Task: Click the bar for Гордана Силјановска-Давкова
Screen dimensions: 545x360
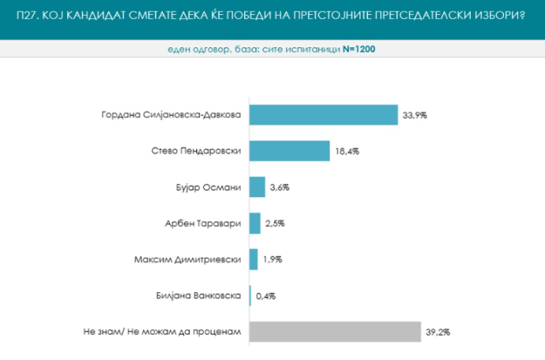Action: pos(324,114)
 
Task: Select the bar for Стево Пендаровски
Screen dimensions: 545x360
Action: pos(290,151)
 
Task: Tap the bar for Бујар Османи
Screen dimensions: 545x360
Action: pos(257,187)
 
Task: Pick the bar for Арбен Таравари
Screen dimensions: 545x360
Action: pos(255,223)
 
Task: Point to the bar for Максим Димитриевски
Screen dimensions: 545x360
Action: pos(254,259)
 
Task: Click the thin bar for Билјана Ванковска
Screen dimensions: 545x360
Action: pos(250,296)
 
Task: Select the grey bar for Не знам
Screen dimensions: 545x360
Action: pos(335,332)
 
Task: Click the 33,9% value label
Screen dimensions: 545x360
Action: pos(415,115)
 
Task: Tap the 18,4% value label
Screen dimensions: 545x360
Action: pos(348,152)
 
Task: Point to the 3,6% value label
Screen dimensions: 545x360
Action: pos(280,188)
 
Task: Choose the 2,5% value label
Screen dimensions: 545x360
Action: pos(275,223)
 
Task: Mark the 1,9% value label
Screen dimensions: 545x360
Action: pos(272,260)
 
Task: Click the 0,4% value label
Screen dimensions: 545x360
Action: pos(266,296)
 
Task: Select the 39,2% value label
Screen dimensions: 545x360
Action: pos(438,332)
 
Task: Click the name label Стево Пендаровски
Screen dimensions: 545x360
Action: pos(196,151)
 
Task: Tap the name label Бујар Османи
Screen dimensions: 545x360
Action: pos(209,188)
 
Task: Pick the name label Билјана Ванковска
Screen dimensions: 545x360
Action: pos(198,296)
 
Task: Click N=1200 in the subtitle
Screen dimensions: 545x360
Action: pos(359,49)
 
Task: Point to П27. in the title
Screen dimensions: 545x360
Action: pos(27,16)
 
